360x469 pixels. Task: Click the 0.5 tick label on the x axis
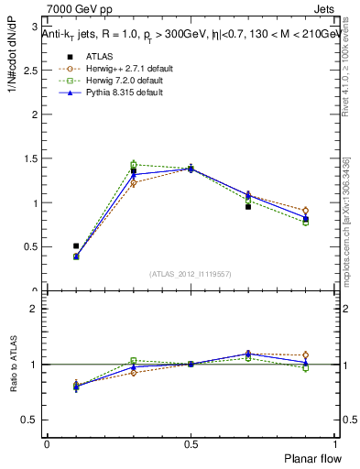191,443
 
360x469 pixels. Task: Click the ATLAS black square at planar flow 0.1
76,246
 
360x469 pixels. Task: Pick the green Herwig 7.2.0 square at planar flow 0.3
134,165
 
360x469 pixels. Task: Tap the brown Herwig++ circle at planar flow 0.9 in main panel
305,211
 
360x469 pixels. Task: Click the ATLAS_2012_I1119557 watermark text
191,274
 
